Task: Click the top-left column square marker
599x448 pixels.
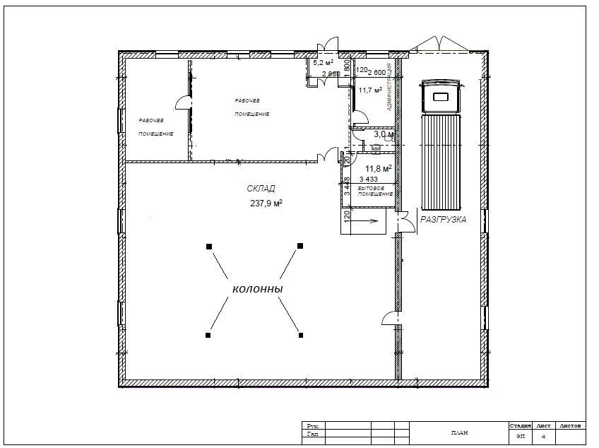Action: [x=208, y=246]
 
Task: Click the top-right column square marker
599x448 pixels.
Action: [x=300, y=246]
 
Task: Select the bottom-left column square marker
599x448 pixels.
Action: [x=208, y=334]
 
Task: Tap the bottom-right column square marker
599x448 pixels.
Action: [x=301, y=334]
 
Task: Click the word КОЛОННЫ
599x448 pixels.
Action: [x=258, y=290]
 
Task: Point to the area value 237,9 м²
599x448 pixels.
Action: [x=266, y=204]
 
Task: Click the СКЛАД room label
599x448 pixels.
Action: [x=261, y=188]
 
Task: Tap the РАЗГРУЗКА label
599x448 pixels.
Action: [x=444, y=220]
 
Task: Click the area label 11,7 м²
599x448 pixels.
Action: [x=370, y=90]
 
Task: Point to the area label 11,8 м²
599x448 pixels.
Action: [x=378, y=169]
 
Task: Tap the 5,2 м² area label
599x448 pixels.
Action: [x=324, y=62]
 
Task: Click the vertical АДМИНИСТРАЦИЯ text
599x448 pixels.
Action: [x=389, y=88]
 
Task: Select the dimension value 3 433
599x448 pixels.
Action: [x=369, y=179]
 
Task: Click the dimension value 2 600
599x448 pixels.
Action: [x=376, y=72]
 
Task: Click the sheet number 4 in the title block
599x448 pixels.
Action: [x=543, y=437]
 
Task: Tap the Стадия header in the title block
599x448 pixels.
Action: [x=520, y=426]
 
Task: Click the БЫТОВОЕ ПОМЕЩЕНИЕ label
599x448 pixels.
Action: [x=375, y=191]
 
